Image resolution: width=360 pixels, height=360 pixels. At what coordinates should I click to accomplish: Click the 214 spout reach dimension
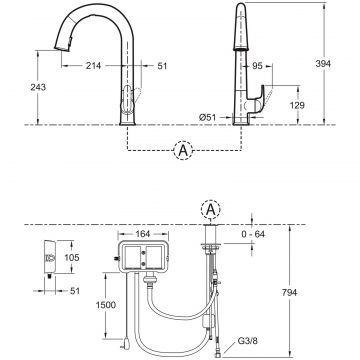(94, 66)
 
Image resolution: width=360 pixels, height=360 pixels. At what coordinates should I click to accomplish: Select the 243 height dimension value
(38, 87)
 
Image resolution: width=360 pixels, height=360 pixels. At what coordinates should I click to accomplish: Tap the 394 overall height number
(323, 64)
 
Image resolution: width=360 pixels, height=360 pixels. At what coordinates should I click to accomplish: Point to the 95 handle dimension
(257, 66)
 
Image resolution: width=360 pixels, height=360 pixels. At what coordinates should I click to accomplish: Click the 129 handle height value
(297, 105)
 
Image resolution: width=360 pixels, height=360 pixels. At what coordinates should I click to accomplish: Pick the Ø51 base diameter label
(208, 117)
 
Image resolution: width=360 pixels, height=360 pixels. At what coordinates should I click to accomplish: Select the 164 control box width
(143, 234)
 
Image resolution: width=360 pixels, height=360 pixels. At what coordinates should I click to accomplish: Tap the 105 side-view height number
(72, 257)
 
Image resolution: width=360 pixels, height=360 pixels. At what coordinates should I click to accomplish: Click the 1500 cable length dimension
(106, 305)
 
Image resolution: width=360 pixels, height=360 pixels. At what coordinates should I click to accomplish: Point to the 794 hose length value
(289, 292)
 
